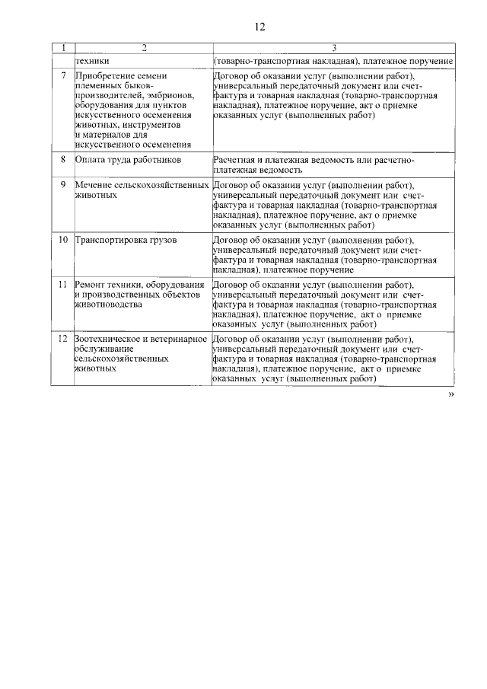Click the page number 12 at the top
click(x=259, y=27)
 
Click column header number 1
click(x=62, y=49)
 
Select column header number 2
click(x=142, y=49)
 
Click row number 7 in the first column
click(x=62, y=77)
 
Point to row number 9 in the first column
click(x=62, y=185)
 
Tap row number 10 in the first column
click(x=63, y=240)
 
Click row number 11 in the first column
click(x=63, y=285)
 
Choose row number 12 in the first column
click(x=63, y=339)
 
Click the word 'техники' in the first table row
click(x=92, y=60)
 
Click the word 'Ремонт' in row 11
click(x=92, y=285)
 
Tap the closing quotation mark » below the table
click(x=450, y=395)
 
